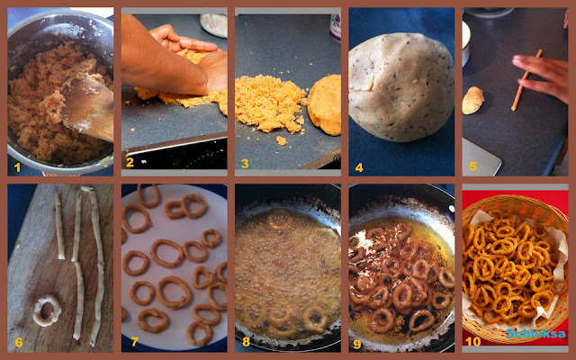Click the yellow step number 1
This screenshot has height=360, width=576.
tap(17, 167)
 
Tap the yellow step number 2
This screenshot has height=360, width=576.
tap(130, 162)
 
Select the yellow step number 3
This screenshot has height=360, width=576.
tap(245, 164)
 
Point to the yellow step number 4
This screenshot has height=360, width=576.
tap(359, 168)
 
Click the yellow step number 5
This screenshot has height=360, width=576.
tap(472, 166)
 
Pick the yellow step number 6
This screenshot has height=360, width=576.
tap(19, 343)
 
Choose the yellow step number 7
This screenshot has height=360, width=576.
tap(134, 342)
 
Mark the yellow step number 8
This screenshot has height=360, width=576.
tap(246, 342)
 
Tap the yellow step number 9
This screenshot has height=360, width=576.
tap(356, 344)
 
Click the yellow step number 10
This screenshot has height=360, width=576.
tap(472, 342)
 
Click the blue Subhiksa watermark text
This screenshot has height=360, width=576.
tap(536, 334)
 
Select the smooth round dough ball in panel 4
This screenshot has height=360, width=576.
tap(401, 87)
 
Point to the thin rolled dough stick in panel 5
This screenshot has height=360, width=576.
tap(526, 80)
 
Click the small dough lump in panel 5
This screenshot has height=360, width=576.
tap(472, 100)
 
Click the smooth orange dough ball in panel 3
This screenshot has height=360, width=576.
tap(325, 104)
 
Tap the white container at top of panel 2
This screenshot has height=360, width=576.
tap(214, 25)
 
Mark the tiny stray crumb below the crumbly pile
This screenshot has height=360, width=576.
tap(282, 140)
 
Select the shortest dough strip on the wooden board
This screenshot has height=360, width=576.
tap(60, 226)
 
